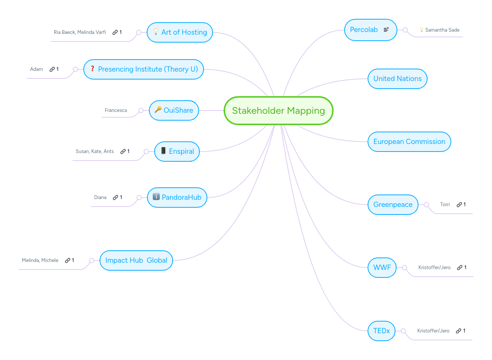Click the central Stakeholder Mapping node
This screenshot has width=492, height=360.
(x=278, y=110)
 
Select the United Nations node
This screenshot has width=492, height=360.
(x=397, y=79)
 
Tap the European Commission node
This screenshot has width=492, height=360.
(x=409, y=142)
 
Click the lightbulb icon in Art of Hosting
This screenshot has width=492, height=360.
(x=156, y=32)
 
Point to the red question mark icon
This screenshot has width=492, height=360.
(x=92, y=69)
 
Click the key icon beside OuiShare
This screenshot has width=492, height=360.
(x=158, y=110)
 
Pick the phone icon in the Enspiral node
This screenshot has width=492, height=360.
(x=163, y=151)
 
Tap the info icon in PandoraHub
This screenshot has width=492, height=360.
(x=156, y=197)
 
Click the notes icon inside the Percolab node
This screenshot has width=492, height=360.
(x=386, y=29)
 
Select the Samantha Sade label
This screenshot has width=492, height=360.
(x=442, y=30)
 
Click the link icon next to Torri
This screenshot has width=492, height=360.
(x=459, y=205)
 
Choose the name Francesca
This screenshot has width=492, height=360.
(x=116, y=110)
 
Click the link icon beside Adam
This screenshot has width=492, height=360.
(x=52, y=69)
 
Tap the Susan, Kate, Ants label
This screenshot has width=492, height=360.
(x=95, y=152)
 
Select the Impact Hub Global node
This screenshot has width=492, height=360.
(x=136, y=260)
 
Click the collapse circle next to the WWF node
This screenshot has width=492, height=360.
(x=405, y=268)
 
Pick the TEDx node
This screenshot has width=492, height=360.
(x=381, y=331)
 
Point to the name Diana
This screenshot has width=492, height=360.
(x=100, y=198)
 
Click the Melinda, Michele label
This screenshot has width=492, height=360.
(x=40, y=260)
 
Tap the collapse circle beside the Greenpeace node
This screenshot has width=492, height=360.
(x=426, y=205)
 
